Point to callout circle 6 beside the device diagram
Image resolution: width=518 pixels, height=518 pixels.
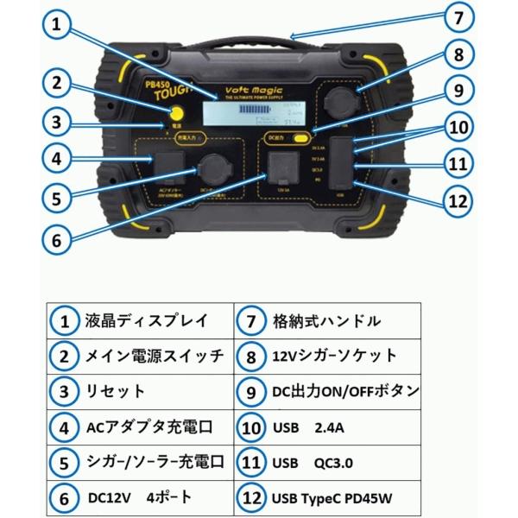pyautogui.click(x=57, y=241)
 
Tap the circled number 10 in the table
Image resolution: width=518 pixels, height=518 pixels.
pyautogui.click(x=251, y=426)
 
